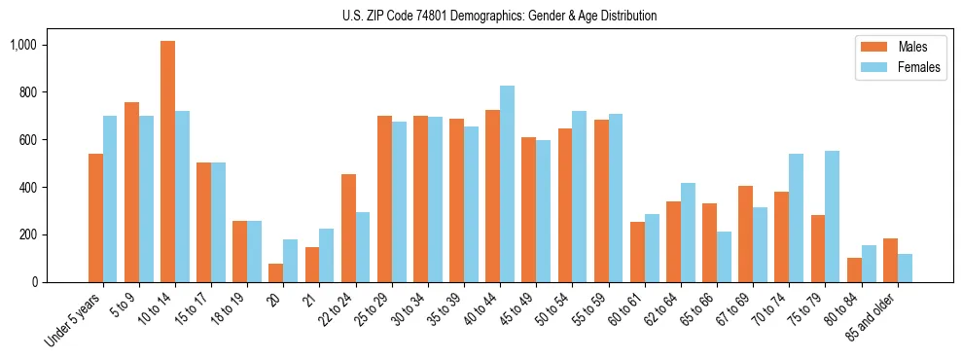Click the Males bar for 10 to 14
point(167,162)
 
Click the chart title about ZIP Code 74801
point(499,16)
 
